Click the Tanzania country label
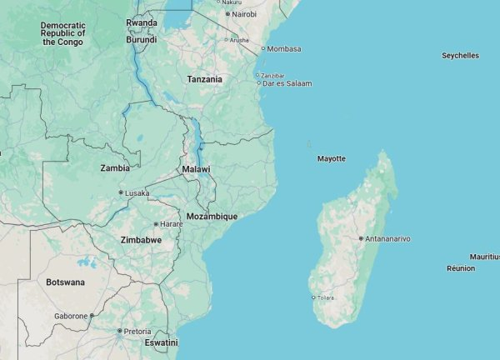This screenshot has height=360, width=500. click(204, 79)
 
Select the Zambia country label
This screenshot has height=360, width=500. click(115, 167)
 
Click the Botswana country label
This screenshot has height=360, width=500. click(65, 282)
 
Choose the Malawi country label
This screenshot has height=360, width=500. click(196, 169)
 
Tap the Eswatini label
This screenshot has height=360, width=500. click(161, 342)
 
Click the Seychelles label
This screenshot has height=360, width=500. click(460, 56)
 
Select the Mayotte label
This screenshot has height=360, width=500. click(331, 158)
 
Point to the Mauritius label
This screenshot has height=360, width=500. click(483, 257)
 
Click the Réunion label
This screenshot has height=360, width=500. click(461, 268)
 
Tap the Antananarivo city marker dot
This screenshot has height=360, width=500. click(360, 238)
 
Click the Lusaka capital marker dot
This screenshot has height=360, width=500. click(121, 192)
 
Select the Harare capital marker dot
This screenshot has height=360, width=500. click(156, 224)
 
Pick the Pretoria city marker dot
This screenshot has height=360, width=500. click(120, 331)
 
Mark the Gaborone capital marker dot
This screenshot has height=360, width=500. click(92, 316)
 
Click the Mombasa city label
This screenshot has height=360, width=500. click(284, 48)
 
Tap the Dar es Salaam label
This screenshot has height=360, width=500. click(287, 83)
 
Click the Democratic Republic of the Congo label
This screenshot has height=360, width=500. click(62, 33)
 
